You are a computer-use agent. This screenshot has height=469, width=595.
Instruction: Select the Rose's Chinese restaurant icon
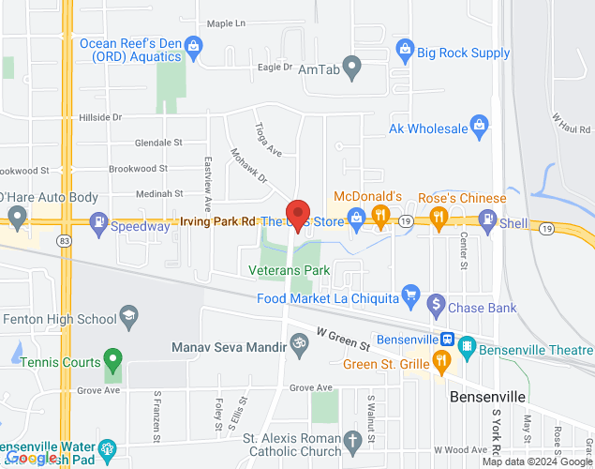pos(438,219)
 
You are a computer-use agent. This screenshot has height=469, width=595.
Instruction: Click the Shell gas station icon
pos(487,219)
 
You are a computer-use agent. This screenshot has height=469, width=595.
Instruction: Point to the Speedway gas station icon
pos(97,223)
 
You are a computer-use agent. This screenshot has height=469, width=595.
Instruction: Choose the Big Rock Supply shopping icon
pos(405,47)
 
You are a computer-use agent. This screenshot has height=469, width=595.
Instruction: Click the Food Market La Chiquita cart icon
pos(409,294)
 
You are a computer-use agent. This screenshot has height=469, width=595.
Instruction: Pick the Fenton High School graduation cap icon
pos(129,314)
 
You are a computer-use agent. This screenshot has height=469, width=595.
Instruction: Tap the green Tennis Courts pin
pos(112,358)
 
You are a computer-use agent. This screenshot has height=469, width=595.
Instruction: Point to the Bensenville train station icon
pos(448,339)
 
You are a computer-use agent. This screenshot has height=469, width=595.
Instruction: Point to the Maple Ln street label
pos(225,23)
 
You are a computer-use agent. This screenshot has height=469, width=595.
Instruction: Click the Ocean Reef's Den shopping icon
pos(194,43)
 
